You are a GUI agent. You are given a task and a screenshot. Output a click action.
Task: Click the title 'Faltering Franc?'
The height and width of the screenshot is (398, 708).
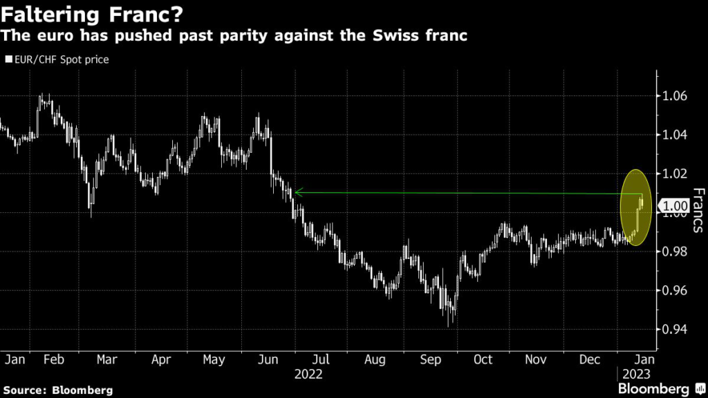pyautogui.click(x=86, y=14)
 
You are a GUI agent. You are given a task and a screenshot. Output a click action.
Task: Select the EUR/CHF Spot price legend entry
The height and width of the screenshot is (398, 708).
pyautogui.click(x=57, y=59)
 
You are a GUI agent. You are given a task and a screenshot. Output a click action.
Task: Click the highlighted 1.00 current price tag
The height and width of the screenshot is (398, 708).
pyautogui.click(x=675, y=205)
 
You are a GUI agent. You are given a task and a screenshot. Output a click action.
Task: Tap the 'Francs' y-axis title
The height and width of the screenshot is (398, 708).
pyautogui.click(x=697, y=210)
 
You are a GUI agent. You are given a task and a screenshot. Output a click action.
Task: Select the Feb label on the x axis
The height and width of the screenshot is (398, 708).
pyautogui.click(x=55, y=359)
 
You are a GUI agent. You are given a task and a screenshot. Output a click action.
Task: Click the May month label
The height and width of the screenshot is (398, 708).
pyautogui.click(x=214, y=359)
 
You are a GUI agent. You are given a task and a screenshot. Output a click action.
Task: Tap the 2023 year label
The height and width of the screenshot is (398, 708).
pyautogui.click(x=634, y=375)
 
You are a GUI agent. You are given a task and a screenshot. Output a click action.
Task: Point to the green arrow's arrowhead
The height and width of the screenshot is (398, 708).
pyautogui.click(x=296, y=192)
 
